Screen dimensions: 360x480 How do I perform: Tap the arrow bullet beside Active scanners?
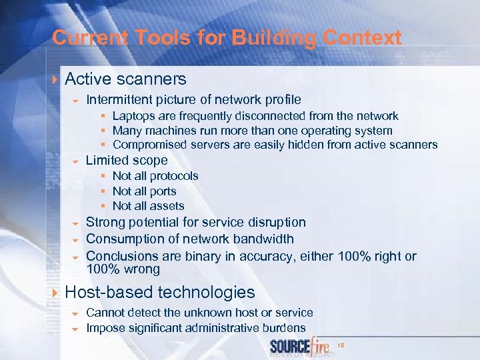point(55,80)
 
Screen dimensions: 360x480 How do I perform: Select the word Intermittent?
point(119,100)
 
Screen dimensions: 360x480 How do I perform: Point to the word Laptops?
point(133,116)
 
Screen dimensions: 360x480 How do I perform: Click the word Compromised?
point(149,145)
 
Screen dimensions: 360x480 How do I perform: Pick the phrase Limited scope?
point(127,161)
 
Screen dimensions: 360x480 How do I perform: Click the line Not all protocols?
point(155,176)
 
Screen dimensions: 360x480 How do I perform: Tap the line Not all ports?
point(144,191)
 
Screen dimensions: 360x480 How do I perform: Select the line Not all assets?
point(148,206)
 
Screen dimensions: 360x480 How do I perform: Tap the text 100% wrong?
point(123,269)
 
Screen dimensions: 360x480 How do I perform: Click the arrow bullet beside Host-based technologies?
point(55,293)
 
